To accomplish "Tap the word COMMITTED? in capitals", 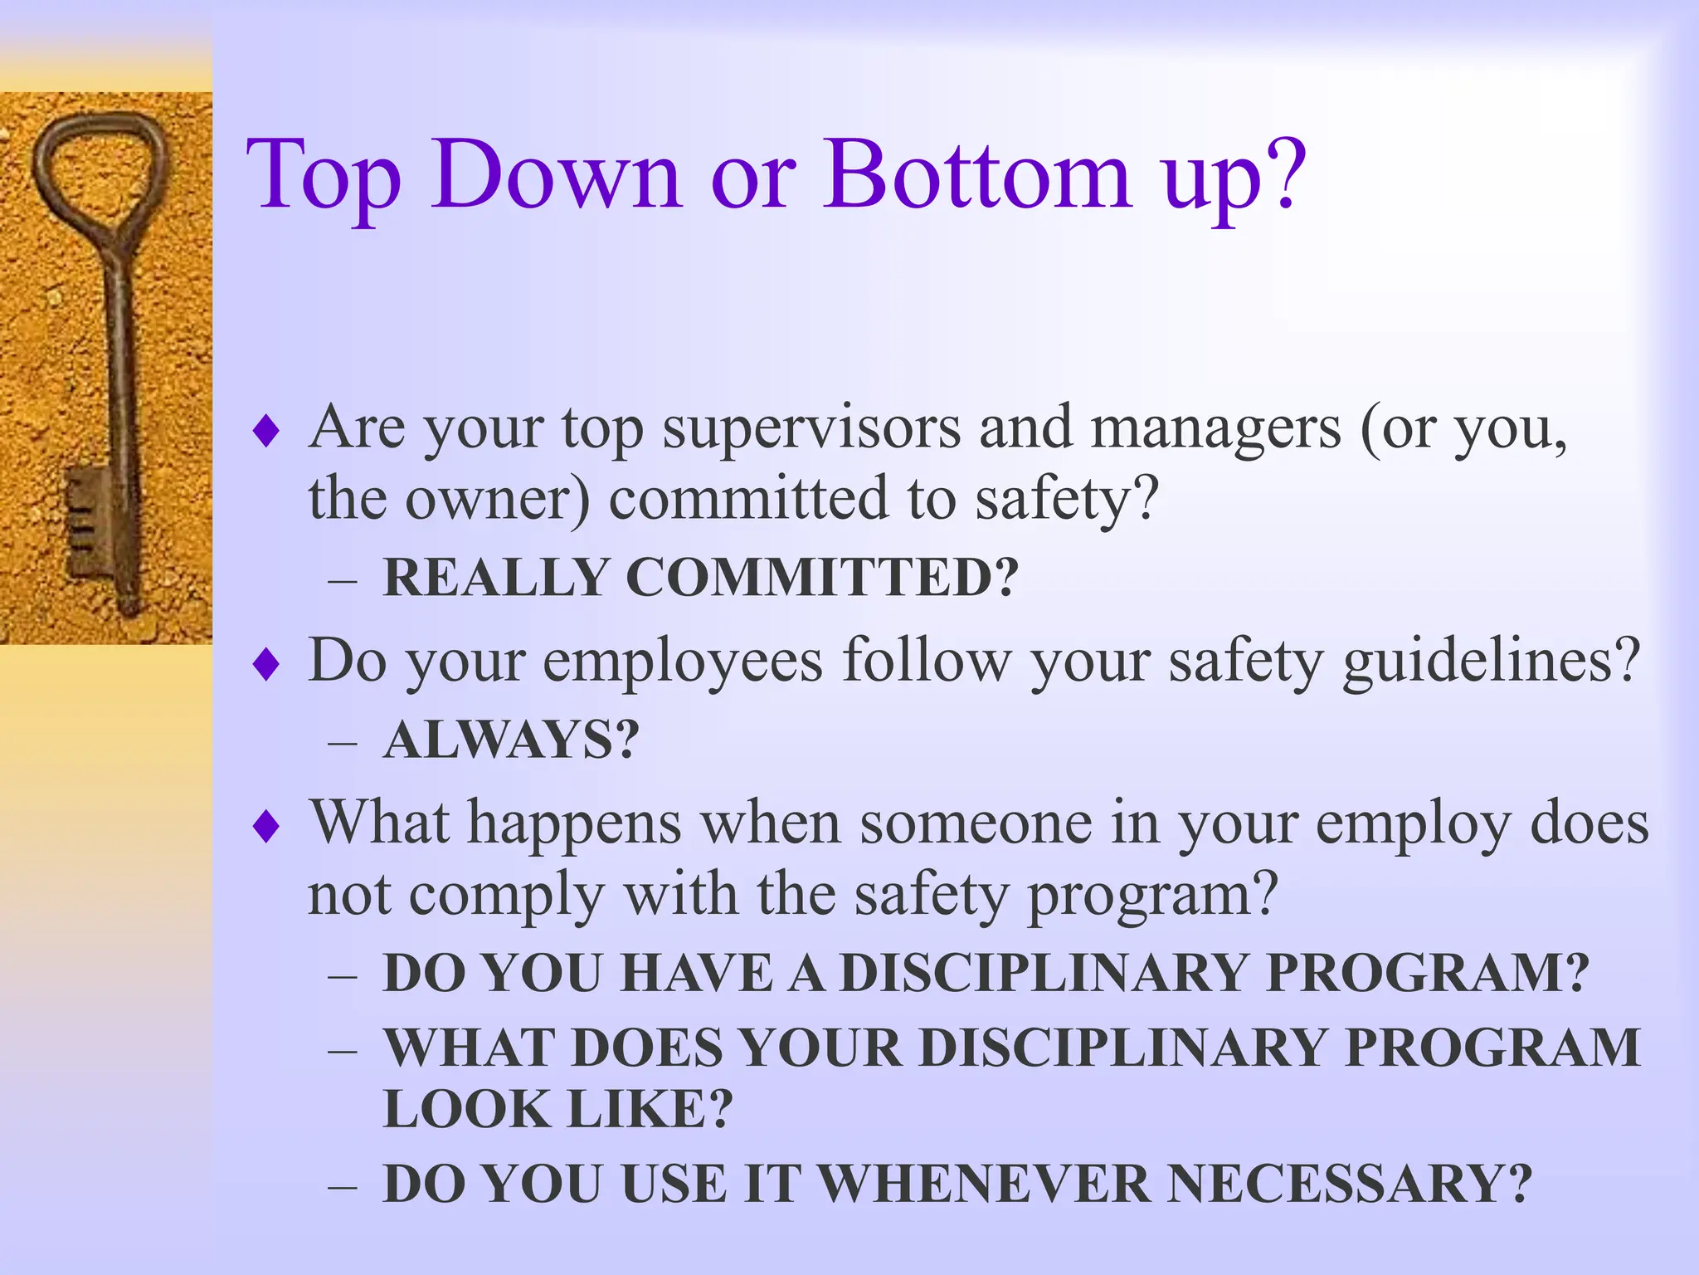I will pos(821,577).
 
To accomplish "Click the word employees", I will pos(682,662).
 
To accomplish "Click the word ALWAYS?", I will pos(511,740).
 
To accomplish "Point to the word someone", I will pos(975,823).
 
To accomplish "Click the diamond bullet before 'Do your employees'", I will pos(266,664).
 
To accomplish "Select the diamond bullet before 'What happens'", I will pos(266,826).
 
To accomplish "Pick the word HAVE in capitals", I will pos(696,973).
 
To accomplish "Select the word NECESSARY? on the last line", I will pos(1349,1184).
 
